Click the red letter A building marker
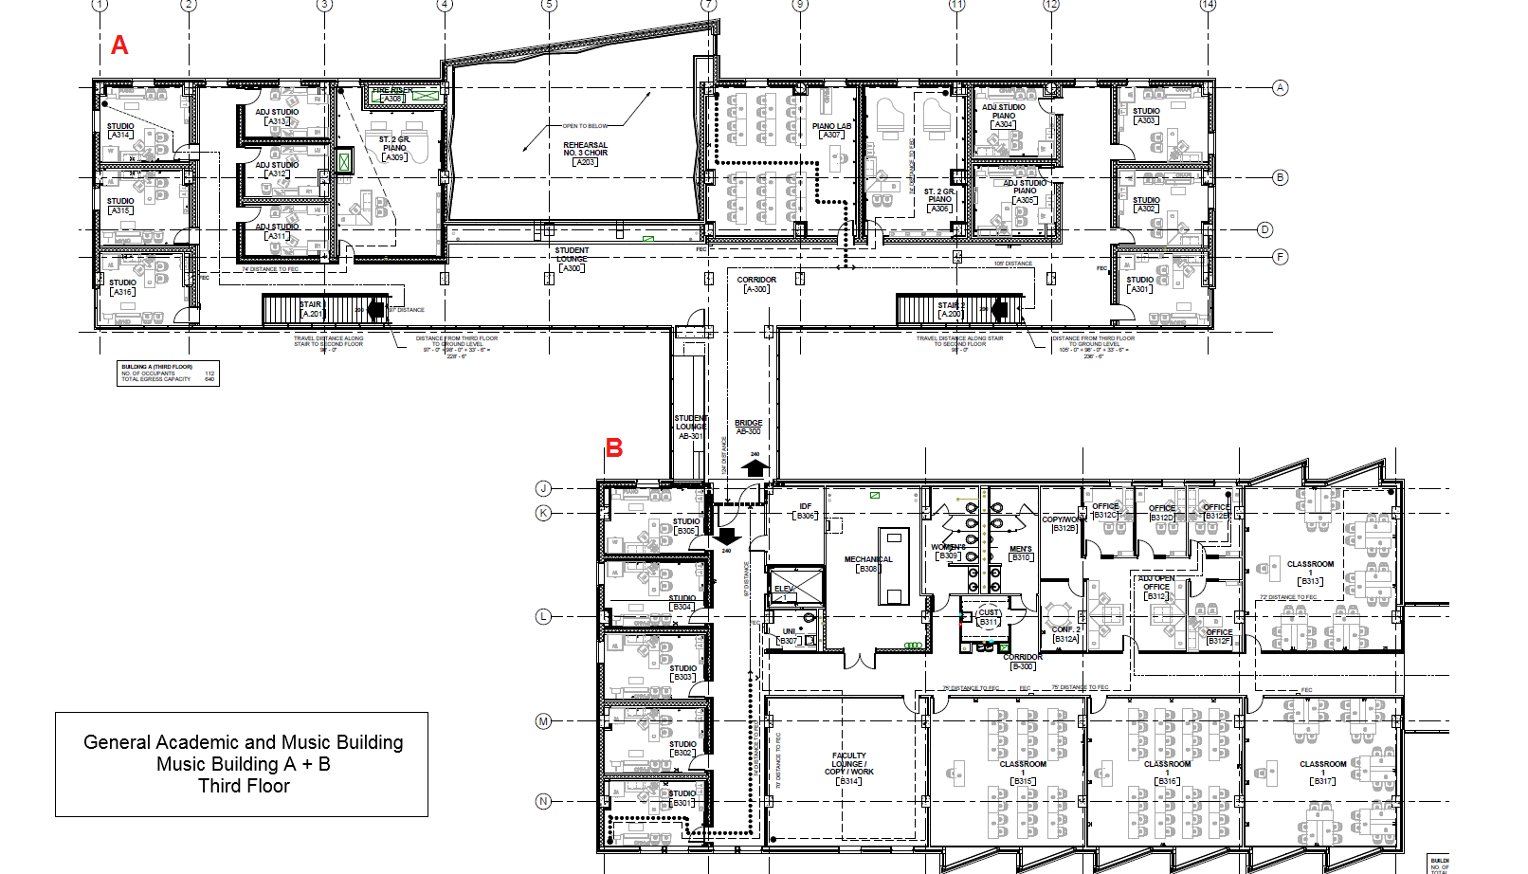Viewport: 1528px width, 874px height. click(119, 46)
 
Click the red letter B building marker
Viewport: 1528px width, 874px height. click(614, 448)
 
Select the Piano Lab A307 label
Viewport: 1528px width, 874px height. click(831, 131)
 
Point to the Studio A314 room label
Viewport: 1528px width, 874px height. click(120, 131)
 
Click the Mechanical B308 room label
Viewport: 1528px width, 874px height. click(868, 564)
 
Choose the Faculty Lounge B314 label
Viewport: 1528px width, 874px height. click(849, 768)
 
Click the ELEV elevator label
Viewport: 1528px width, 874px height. click(785, 590)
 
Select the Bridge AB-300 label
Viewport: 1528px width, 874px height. click(748, 427)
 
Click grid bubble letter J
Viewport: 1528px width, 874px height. click(543, 488)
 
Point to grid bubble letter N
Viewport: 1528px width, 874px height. click(543, 801)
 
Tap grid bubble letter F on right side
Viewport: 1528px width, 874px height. click(1280, 257)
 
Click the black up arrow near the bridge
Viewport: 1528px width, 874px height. click(755, 467)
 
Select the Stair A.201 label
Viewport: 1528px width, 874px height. click(312, 309)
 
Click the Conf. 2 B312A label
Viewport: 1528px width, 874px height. click(1065, 634)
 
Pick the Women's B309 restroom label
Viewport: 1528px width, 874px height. click(948, 552)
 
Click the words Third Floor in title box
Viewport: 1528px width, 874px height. click(244, 786)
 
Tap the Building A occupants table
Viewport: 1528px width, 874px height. click(169, 373)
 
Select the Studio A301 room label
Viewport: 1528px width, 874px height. click(1140, 284)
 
